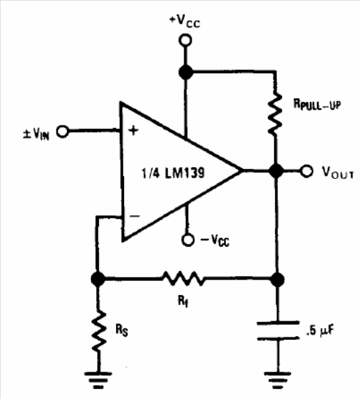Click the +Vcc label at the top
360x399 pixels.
pyautogui.click(x=185, y=21)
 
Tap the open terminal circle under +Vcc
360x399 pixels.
pyautogui.click(x=186, y=40)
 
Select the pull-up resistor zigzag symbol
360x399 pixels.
pyautogui.click(x=275, y=114)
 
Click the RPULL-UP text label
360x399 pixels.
pyautogui.click(x=317, y=104)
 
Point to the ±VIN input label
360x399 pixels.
pyautogui.click(x=36, y=133)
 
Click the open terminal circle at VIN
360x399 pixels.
pyautogui.click(x=62, y=131)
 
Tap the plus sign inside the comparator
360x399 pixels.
pyautogui.click(x=133, y=131)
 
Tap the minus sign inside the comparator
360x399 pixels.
pyautogui.click(x=135, y=217)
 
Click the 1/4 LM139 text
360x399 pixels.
pyautogui.click(x=173, y=173)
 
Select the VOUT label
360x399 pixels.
pyautogui.click(x=338, y=172)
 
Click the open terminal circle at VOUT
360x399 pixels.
pyautogui.click(x=306, y=171)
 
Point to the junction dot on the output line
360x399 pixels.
pyautogui.click(x=276, y=171)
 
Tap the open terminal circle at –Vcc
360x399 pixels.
pyautogui.click(x=188, y=240)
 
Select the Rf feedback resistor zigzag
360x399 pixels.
pyautogui.click(x=183, y=278)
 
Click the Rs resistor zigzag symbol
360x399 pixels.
pyautogui.click(x=99, y=331)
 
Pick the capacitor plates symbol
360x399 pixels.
pyautogui.click(x=278, y=331)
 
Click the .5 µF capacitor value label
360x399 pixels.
pyautogui.click(x=320, y=330)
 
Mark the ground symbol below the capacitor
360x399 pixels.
pyautogui.click(x=278, y=380)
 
